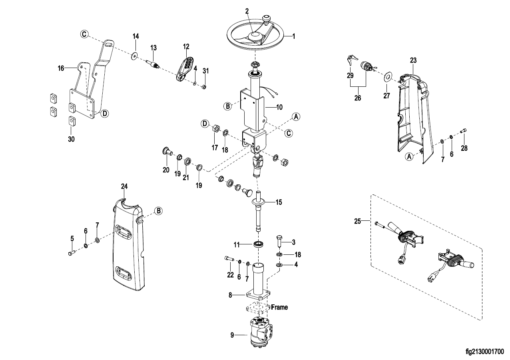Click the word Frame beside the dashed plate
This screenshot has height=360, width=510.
pyautogui.click(x=279, y=308)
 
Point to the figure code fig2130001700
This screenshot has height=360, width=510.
pyautogui.click(x=485, y=352)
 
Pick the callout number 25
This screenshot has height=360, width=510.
pyautogui.click(x=358, y=220)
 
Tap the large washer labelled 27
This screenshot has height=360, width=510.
pyautogui.click(x=387, y=76)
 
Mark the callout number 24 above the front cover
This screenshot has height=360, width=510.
pyautogui.click(x=124, y=186)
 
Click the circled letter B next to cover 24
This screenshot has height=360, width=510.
pyautogui.click(x=158, y=210)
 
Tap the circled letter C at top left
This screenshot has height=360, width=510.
pyautogui.click(x=84, y=34)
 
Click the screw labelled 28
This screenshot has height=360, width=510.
pyautogui.click(x=464, y=130)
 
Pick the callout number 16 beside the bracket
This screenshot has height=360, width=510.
pyautogui.click(x=61, y=68)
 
